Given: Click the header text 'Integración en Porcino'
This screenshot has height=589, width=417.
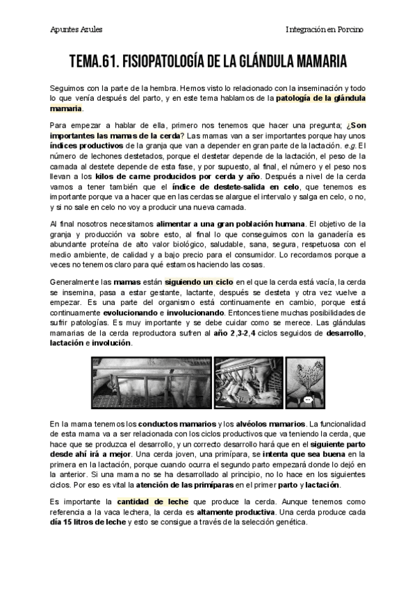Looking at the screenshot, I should coord(325,29).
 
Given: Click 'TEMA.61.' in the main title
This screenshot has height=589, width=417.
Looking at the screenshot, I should coord(94,63).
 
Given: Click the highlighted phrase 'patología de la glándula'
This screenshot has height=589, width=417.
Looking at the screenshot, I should coord(320,99).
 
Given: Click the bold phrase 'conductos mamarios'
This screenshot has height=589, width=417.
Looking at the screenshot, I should coord(177,424).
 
